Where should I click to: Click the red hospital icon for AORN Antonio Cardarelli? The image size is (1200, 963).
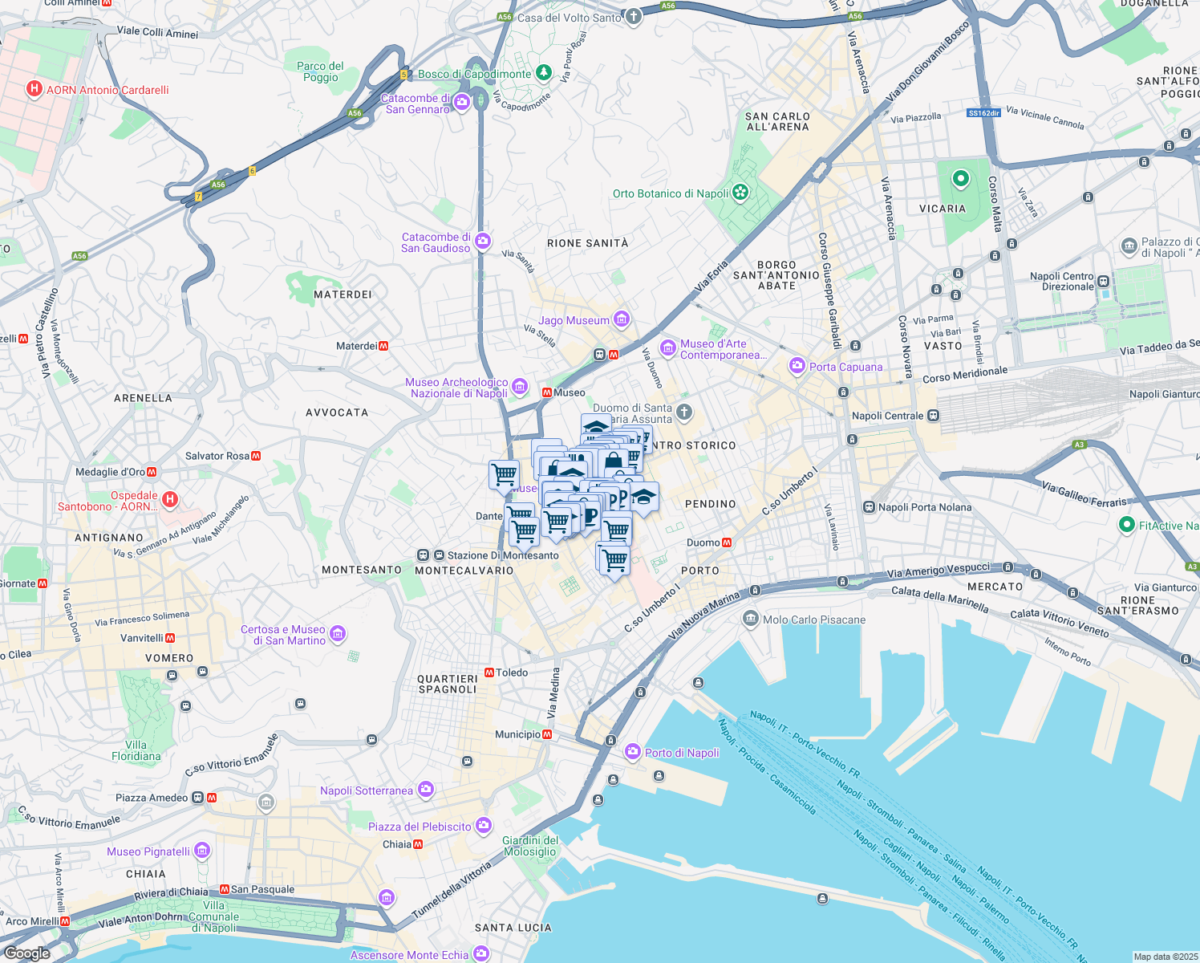click(x=34, y=89)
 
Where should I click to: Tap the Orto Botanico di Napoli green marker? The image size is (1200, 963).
click(x=740, y=193)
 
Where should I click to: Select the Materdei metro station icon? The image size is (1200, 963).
click(x=383, y=346)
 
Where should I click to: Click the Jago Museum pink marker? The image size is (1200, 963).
click(x=621, y=319)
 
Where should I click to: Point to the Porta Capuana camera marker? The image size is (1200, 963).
click(x=797, y=366)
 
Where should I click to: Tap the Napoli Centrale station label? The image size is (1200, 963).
click(x=887, y=416)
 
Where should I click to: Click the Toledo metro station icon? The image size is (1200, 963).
click(x=489, y=672)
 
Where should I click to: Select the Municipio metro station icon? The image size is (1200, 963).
click(x=547, y=734)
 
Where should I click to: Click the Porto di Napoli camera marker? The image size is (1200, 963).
click(x=633, y=752)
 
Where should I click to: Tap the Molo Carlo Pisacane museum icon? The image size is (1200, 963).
click(x=750, y=619)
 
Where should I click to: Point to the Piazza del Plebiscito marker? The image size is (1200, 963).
click(x=483, y=826)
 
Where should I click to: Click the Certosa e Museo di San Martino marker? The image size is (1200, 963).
click(x=338, y=634)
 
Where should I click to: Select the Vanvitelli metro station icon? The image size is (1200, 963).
click(x=170, y=638)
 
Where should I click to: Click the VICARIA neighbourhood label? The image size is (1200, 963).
click(x=943, y=209)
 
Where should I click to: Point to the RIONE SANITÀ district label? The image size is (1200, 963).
click(x=587, y=243)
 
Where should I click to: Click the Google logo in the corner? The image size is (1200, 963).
click(x=26, y=953)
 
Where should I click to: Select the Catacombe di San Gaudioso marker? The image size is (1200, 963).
click(x=482, y=242)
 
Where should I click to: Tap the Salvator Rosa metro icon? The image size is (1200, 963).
click(x=256, y=456)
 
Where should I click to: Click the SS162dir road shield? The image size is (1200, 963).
click(x=983, y=113)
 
